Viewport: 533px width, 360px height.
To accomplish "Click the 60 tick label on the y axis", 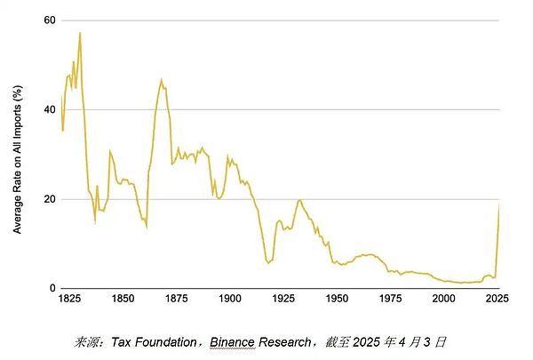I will coord(49,20).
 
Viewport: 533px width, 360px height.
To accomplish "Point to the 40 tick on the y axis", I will coord(49,109).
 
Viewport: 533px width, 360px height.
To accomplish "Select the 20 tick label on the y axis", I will coord(49,199).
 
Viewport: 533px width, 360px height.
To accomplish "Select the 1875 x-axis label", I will coord(177,300).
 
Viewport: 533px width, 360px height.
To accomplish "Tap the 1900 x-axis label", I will coord(230,300).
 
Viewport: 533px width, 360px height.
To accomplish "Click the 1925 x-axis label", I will coord(284,300).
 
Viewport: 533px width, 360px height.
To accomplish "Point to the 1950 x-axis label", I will coord(338,300).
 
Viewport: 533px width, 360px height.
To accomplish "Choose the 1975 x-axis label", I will coord(392,300).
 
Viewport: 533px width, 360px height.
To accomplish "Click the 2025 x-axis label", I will coord(498,300).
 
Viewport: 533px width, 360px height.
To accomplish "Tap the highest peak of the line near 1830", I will coord(80,33).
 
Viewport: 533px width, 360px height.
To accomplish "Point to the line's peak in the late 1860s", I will coord(161,80).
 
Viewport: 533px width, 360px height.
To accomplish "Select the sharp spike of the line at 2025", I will coord(499,204).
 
